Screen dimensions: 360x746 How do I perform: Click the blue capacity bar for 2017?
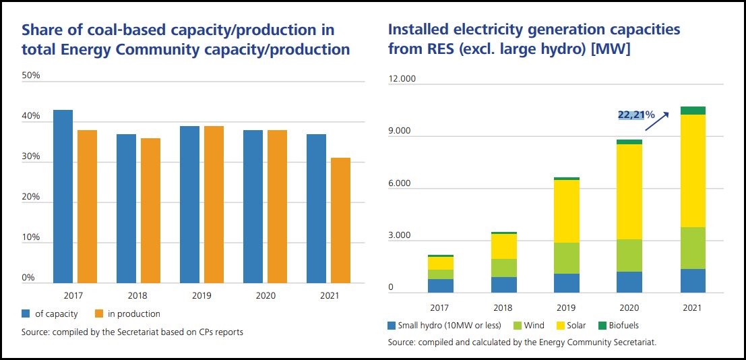tap(63, 196)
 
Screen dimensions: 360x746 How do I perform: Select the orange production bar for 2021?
tap(340, 220)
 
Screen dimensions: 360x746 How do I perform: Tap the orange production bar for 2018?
tap(150, 210)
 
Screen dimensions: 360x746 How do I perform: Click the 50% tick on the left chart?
tap(31, 75)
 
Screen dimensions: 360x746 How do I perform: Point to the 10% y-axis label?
tap(31, 238)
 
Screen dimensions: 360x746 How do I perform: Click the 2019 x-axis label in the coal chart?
tap(201, 295)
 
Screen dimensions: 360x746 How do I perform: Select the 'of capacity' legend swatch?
tap(26, 313)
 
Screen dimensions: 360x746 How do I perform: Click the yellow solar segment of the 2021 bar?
tap(693, 171)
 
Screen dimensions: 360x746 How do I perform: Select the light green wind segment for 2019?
tap(567, 258)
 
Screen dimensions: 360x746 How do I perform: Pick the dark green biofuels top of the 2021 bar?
tap(693, 111)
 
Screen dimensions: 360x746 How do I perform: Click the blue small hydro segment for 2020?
tap(629, 282)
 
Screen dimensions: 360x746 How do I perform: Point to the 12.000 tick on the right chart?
tap(402, 78)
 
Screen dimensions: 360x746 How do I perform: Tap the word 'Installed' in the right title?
tap(417, 30)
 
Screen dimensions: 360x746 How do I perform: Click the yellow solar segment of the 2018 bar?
tap(503, 246)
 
